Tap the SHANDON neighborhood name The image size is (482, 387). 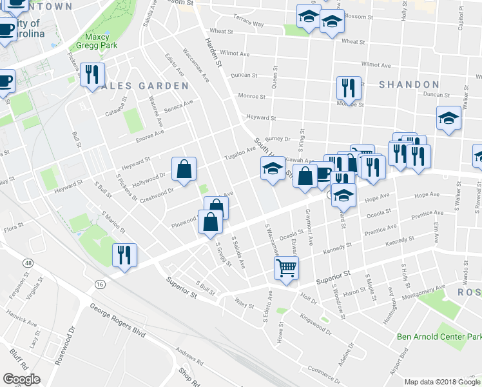click(409, 84)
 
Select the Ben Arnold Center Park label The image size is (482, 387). click(438, 337)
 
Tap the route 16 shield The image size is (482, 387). click(99, 284)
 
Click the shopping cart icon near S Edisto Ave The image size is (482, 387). click(286, 267)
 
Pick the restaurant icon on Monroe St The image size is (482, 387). click(349, 87)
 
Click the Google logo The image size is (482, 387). click(21, 379)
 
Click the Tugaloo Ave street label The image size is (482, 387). click(240, 154)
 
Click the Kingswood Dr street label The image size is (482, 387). click(315, 324)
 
